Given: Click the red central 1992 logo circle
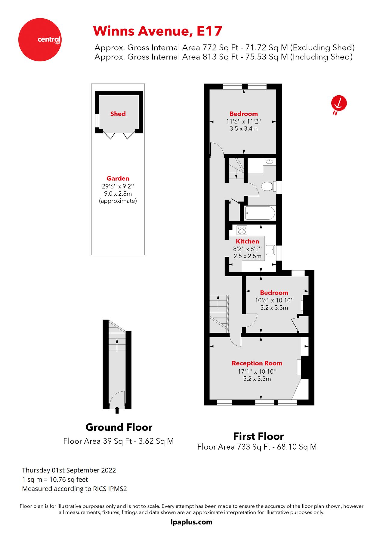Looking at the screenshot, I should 40,40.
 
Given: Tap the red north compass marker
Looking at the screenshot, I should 339,103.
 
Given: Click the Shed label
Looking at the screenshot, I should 118,114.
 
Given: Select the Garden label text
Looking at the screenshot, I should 118,179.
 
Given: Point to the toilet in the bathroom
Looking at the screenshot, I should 267,186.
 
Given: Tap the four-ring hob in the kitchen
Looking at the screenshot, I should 242,230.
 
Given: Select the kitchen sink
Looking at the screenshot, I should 270,250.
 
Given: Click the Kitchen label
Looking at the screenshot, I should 247,241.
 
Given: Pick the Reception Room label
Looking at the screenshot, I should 257,363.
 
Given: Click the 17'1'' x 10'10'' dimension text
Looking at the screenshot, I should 257,371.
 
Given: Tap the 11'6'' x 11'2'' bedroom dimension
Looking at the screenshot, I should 243,122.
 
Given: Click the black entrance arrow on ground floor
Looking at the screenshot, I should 117,410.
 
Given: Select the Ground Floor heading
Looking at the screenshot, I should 119,427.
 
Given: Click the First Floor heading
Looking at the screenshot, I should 258,436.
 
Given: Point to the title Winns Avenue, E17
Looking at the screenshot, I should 157,31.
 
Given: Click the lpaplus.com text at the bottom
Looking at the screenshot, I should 191,522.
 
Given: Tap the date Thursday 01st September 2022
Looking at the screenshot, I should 69,470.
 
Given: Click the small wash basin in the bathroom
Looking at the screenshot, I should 270,162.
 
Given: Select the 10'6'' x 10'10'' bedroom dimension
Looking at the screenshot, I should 274,300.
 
